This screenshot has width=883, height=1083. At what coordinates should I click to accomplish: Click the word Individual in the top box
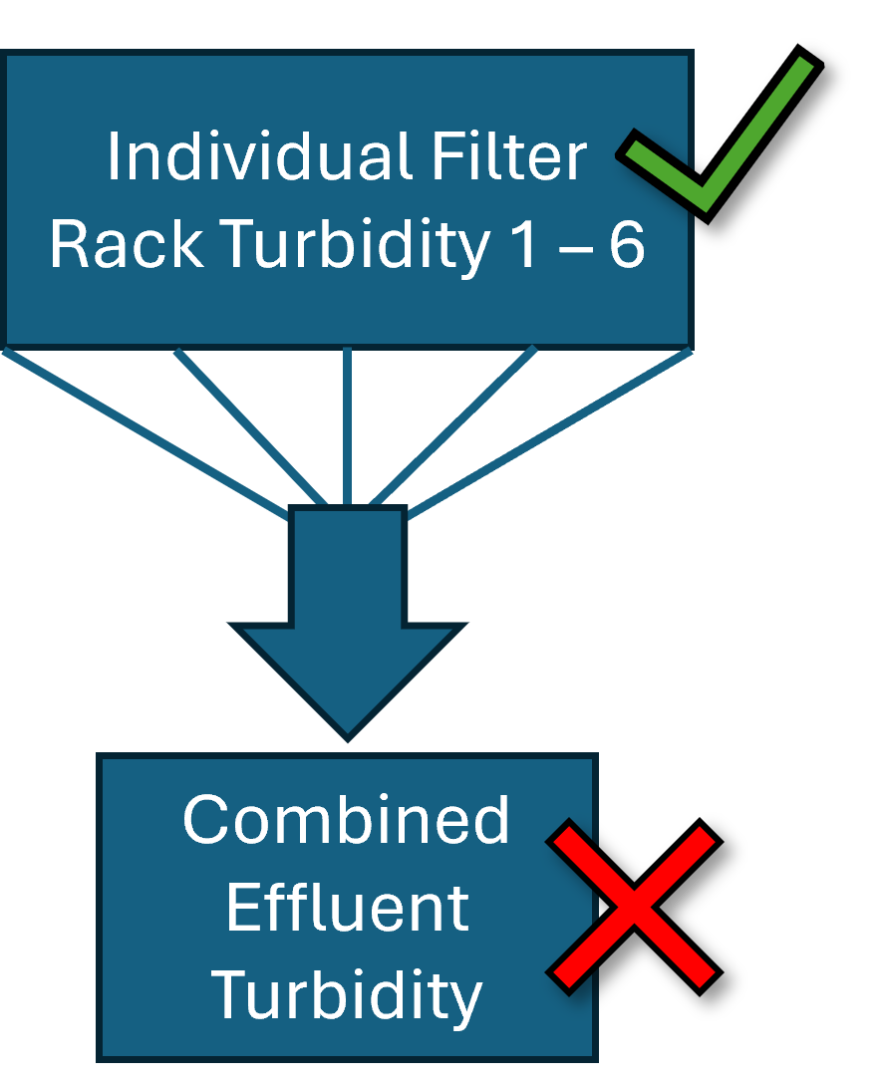[x=255, y=157]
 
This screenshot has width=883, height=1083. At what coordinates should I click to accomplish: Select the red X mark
[x=633, y=907]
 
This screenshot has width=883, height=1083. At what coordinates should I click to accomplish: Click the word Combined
[x=347, y=820]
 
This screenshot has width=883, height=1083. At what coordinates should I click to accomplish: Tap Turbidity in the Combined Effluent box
[x=347, y=994]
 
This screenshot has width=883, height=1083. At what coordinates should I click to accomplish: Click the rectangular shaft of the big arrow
[x=347, y=568]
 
